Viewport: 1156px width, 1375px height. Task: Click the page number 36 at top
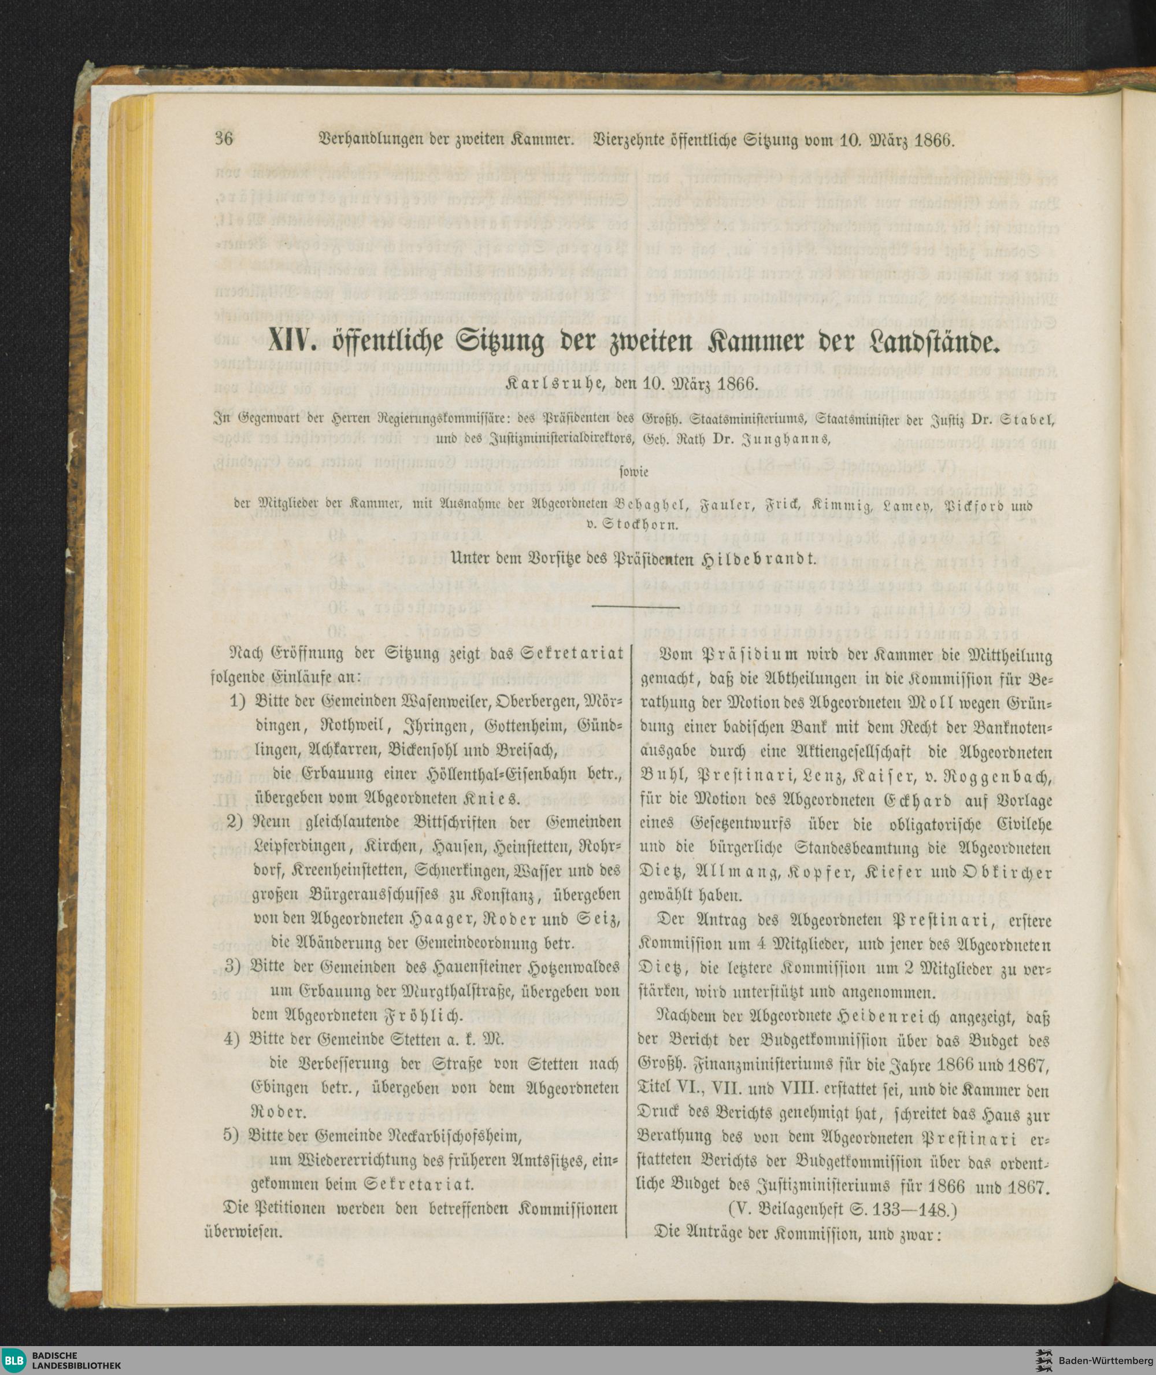click(x=224, y=141)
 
